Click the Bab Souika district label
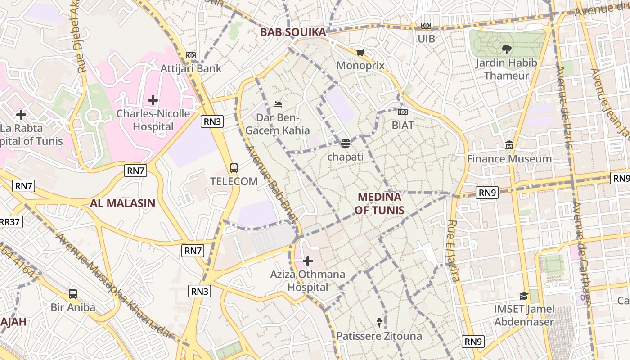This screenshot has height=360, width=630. (293, 32)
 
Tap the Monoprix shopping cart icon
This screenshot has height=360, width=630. (360, 53)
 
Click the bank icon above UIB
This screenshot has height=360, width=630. (426, 26)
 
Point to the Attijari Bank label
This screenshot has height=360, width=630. (191, 68)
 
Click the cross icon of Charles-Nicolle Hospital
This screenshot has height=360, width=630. (153, 100)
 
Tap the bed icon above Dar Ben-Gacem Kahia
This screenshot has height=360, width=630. (278, 104)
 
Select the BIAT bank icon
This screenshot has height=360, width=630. (403, 112)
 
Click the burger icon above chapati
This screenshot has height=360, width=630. (345, 144)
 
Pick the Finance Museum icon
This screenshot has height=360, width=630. (509, 145)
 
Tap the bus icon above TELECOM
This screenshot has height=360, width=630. (234, 168)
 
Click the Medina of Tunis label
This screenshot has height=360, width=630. (379, 203)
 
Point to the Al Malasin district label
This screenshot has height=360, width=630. (122, 203)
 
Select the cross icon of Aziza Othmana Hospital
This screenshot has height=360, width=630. (308, 261)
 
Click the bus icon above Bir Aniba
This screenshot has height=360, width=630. (73, 294)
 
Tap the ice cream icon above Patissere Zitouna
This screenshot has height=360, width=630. (379, 322)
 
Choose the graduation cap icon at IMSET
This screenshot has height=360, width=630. (524, 296)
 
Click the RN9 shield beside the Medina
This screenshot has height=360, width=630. (487, 193)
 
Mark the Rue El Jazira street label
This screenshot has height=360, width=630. (454, 251)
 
